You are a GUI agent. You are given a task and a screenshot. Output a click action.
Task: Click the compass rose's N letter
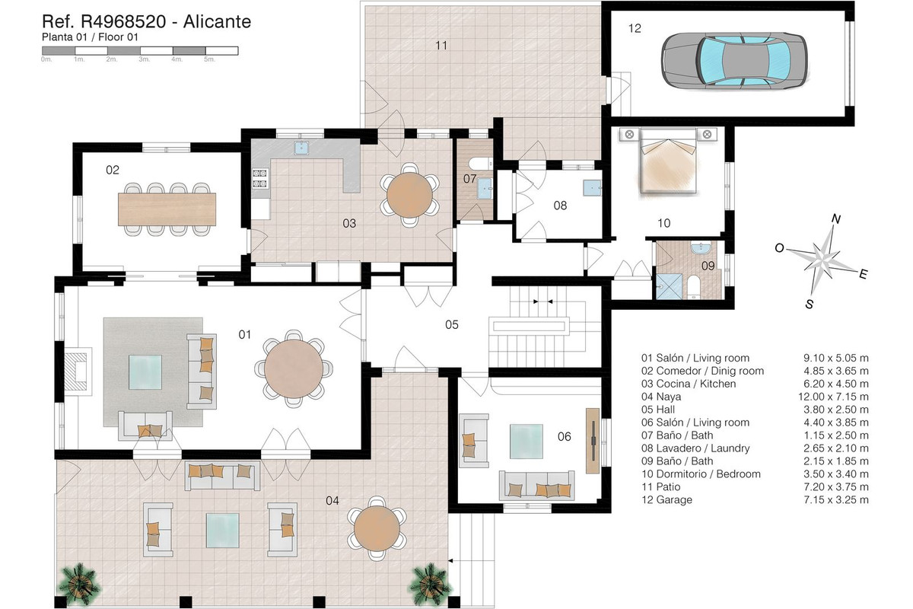[836, 219]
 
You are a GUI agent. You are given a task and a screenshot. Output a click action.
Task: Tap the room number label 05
[451, 324]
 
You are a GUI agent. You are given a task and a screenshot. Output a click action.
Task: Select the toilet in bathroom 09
[694, 286]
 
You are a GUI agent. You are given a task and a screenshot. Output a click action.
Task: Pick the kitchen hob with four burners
[259, 178]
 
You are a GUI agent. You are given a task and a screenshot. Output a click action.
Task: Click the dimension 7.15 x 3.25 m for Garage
[836, 500]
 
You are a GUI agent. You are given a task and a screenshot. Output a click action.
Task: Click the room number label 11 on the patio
[441, 46]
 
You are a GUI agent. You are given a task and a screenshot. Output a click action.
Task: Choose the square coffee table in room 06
[526, 439]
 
